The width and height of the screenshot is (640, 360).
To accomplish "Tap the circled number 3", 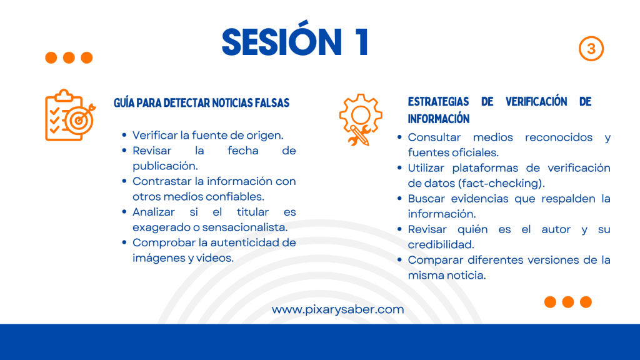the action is pos(591,49).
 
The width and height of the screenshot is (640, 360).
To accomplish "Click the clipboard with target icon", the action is pos(70,115).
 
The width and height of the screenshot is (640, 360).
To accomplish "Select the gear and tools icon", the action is pos(361,119).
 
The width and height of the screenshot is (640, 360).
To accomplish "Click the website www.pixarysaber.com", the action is pos(338,309).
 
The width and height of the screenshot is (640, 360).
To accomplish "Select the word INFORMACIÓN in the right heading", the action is pos(439,119).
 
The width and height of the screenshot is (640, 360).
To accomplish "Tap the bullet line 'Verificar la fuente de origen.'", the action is pos(207,135).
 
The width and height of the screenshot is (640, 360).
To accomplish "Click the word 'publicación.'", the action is pos(165,166).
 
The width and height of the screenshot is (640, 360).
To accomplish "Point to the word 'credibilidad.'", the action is pos(441,244).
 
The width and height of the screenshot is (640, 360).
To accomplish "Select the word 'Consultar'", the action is pos(434,137).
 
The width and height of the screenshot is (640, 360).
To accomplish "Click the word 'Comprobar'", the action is pos(164,243).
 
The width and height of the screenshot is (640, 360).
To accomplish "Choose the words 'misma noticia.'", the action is pos(447,275).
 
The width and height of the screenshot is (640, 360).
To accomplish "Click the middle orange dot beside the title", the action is pos(69,57).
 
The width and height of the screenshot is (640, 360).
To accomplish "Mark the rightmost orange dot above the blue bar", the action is pos(586,302).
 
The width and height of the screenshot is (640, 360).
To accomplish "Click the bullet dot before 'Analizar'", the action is pos(124,211).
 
